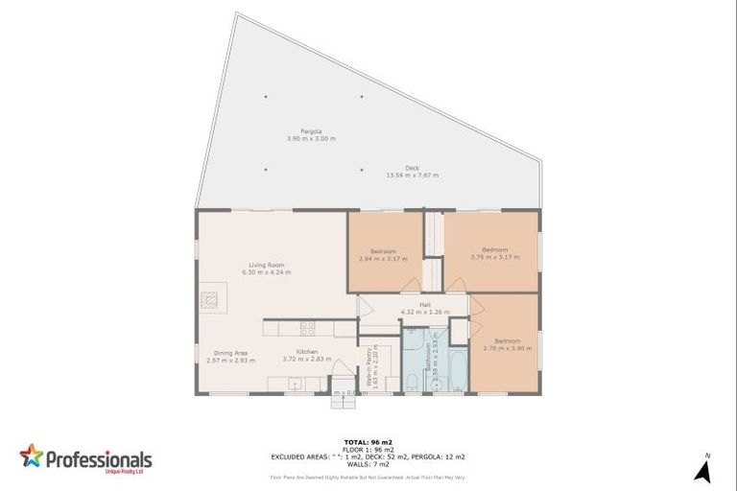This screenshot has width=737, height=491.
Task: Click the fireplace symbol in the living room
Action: tap(212, 297)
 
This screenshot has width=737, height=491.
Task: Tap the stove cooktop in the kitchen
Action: tap(308, 328)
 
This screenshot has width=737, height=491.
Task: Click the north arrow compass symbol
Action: tap(702, 470)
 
